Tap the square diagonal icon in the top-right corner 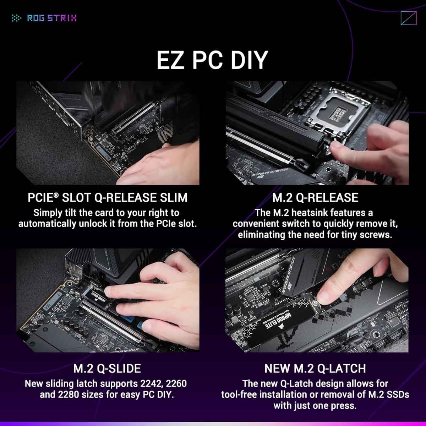(408, 18)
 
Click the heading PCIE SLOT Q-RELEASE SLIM (108, 198)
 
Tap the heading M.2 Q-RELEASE (315, 198)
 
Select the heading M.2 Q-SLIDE (107, 368)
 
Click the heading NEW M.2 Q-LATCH (315, 368)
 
